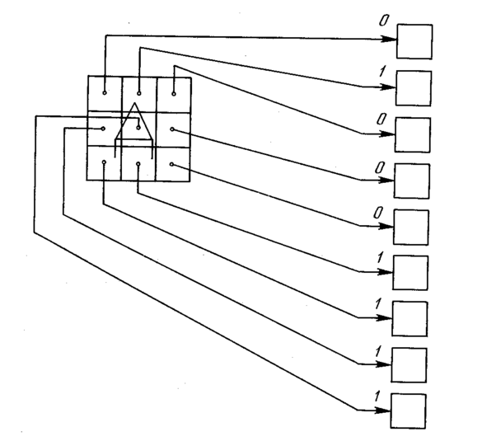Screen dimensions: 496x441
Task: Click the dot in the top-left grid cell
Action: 105,93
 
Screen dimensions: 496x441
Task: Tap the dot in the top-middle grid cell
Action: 139,93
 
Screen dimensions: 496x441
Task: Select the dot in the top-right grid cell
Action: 174,94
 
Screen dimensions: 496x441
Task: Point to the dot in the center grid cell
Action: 138,128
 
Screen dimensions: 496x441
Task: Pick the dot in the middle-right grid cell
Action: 172,129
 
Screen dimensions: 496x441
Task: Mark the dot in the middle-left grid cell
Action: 103,129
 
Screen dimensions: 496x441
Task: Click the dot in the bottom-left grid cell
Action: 104,162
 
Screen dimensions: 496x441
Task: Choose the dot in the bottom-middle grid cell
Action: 138,163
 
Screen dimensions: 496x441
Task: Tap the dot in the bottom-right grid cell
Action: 171,164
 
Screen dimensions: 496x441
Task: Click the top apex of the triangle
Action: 135,102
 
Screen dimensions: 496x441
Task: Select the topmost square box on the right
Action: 414,41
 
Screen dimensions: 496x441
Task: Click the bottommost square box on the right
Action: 409,411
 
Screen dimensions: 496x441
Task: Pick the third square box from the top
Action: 413,135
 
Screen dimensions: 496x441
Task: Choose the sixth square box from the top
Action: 410,273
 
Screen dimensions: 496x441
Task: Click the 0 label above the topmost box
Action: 384,21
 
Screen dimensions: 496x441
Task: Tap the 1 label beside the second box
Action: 382,72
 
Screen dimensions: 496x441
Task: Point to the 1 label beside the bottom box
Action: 377,396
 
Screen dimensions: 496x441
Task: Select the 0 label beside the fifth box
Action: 378,213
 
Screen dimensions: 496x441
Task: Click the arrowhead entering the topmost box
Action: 389,40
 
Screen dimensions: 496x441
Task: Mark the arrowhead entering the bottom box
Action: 383,411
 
